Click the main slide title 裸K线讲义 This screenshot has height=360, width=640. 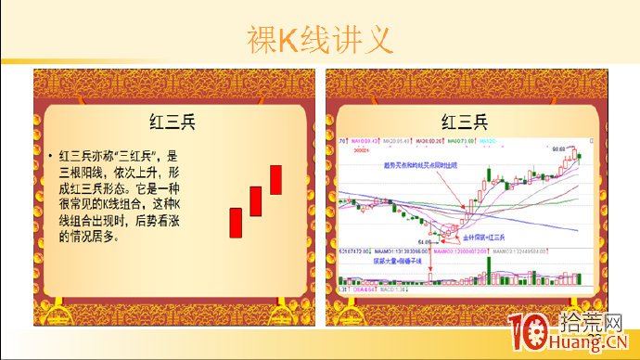(320, 39)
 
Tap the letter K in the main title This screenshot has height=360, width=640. (295, 40)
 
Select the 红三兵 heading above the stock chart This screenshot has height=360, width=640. (463, 121)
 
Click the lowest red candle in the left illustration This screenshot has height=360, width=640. (236, 223)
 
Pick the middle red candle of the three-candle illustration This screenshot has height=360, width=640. (255, 200)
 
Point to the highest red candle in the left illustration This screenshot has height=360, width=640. (275, 179)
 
